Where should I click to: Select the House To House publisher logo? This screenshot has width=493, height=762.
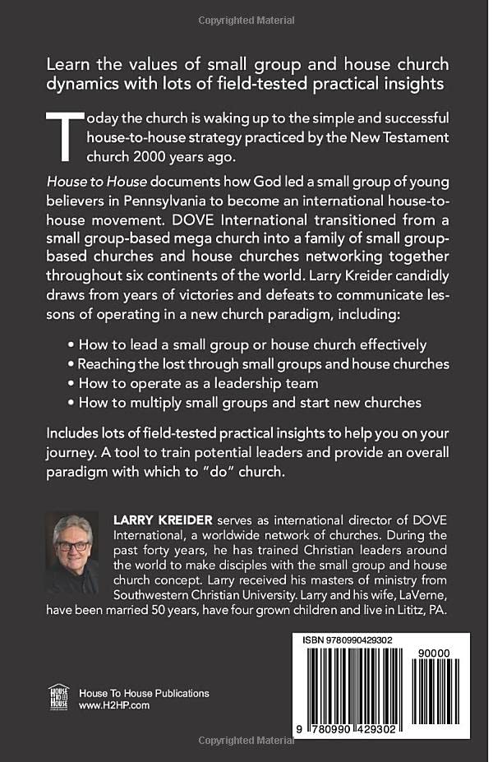pos(58,696)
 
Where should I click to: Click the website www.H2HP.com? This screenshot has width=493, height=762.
pos(114,705)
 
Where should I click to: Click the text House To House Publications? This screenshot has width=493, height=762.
pos(144,692)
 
